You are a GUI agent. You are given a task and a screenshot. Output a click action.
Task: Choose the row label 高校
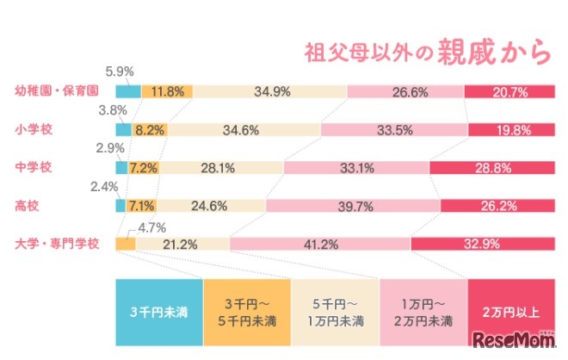pos(27,205)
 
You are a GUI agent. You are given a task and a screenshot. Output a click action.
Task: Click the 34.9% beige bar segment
pos(270,90)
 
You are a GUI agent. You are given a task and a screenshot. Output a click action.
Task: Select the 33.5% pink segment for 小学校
pos(392,130)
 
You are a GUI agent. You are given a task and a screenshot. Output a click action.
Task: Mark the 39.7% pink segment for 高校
pos(353,206)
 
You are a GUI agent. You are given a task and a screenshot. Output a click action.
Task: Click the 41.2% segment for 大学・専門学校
pos(320,244)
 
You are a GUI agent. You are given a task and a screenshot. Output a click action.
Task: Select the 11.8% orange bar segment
pos(167,90)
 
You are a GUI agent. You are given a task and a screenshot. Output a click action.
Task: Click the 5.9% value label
pos(120,71)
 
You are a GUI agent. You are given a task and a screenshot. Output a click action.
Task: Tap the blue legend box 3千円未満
pos(159,310)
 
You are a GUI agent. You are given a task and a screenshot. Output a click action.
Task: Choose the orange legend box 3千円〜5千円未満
pos(247,310)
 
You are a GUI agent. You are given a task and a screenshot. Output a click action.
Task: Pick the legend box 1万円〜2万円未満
pos(423,310)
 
